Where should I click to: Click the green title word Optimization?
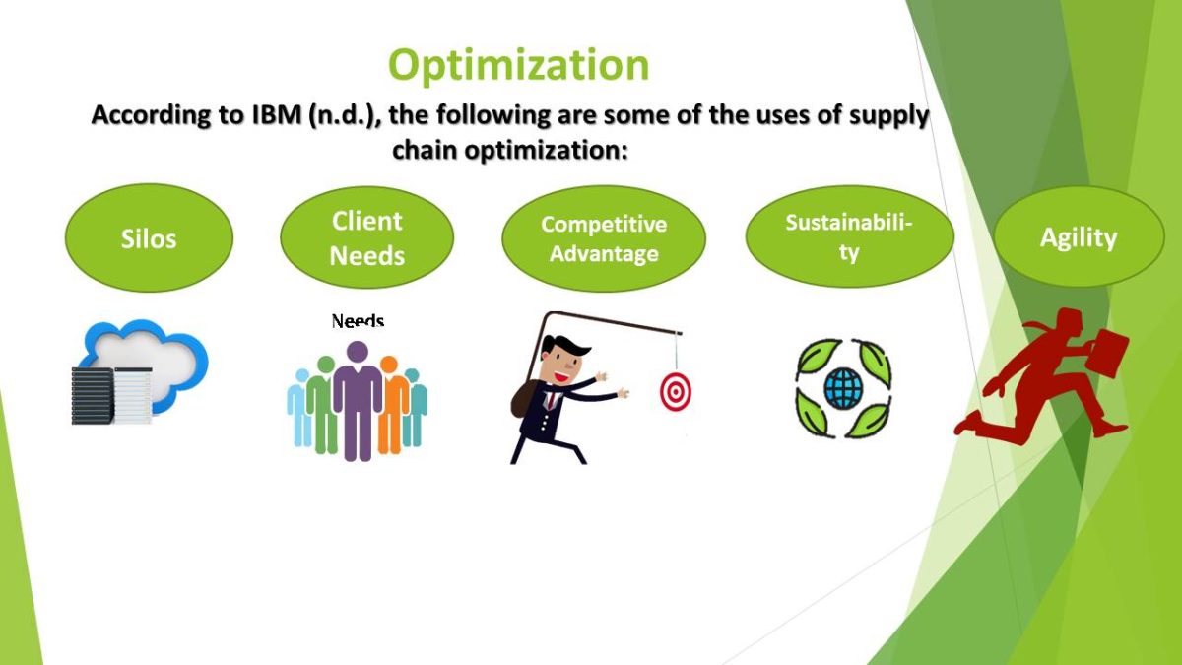click(x=519, y=65)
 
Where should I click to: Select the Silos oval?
click(x=149, y=238)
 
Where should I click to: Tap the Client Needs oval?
click(x=366, y=238)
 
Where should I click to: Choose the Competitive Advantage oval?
click(x=604, y=238)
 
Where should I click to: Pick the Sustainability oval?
click(x=849, y=236)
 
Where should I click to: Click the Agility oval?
click(x=1079, y=237)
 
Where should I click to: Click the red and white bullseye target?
click(x=676, y=392)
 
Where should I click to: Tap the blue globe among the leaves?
click(x=843, y=388)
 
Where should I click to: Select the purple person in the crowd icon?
click(x=358, y=401)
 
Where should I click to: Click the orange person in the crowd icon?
click(x=392, y=405)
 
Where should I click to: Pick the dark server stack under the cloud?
click(x=93, y=396)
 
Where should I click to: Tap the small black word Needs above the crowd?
click(x=358, y=320)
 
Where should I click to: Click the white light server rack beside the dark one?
click(x=133, y=396)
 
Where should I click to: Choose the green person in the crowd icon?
click(x=322, y=405)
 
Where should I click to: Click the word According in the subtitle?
click(x=151, y=115)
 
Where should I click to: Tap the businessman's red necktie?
click(x=552, y=400)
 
